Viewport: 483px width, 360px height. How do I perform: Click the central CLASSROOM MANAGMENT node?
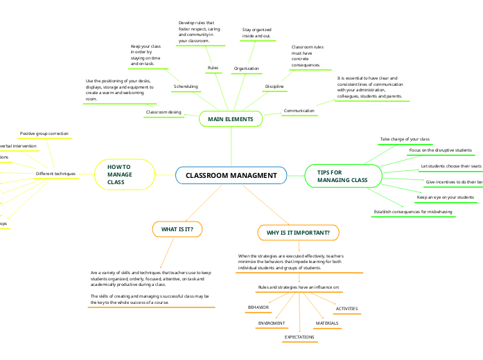[x=231, y=176]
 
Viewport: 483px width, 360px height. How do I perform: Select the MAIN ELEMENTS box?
[x=231, y=119]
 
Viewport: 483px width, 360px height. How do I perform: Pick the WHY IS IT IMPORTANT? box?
[x=298, y=233]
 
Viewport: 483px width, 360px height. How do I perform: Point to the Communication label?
[x=299, y=111]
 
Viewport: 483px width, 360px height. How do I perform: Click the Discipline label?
[x=275, y=87]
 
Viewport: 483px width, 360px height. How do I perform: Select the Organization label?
[x=247, y=69]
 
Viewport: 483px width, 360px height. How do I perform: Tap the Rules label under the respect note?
[x=213, y=68]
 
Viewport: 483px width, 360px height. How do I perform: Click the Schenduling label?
[x=186, y=87]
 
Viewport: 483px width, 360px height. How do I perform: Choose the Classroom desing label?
[x=164, y=111]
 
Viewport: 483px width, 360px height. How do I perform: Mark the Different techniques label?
[x=55, y=173]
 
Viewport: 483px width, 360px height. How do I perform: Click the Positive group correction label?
[x=44, y=133]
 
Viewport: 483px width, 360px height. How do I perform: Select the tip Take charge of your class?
[x=405, y=139]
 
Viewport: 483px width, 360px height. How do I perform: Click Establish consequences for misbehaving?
[x=414, y=211]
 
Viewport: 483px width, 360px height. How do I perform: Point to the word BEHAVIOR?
[x=258, y=307]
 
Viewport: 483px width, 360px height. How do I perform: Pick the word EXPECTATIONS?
[x=299, y=337]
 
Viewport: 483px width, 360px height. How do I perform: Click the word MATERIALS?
[x=327, y=323]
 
